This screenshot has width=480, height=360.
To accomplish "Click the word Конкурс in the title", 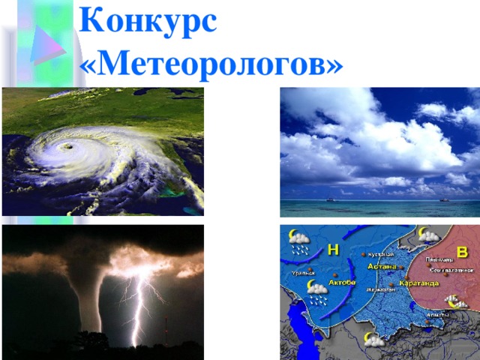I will click(148, 20).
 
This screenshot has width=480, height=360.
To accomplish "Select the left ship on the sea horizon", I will click(330, 199).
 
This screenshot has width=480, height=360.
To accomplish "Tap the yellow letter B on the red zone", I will click(462, 251).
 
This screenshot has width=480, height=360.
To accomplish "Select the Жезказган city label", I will click(381, 289).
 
